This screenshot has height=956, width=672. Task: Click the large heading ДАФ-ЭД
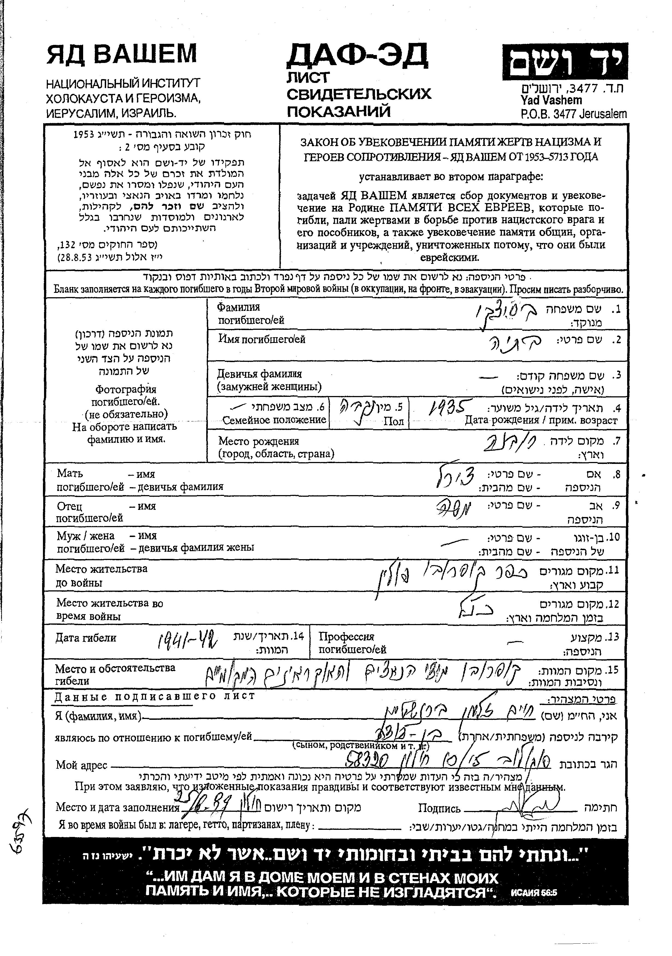coord(357,56)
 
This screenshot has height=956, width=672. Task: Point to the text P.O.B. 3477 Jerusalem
coord(573,114)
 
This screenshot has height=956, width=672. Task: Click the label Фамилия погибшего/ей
coord(251,314)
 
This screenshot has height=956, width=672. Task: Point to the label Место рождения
coord(259,441)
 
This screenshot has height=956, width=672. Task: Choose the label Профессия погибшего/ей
coord(353,643)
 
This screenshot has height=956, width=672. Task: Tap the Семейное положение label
coord(274,420)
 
